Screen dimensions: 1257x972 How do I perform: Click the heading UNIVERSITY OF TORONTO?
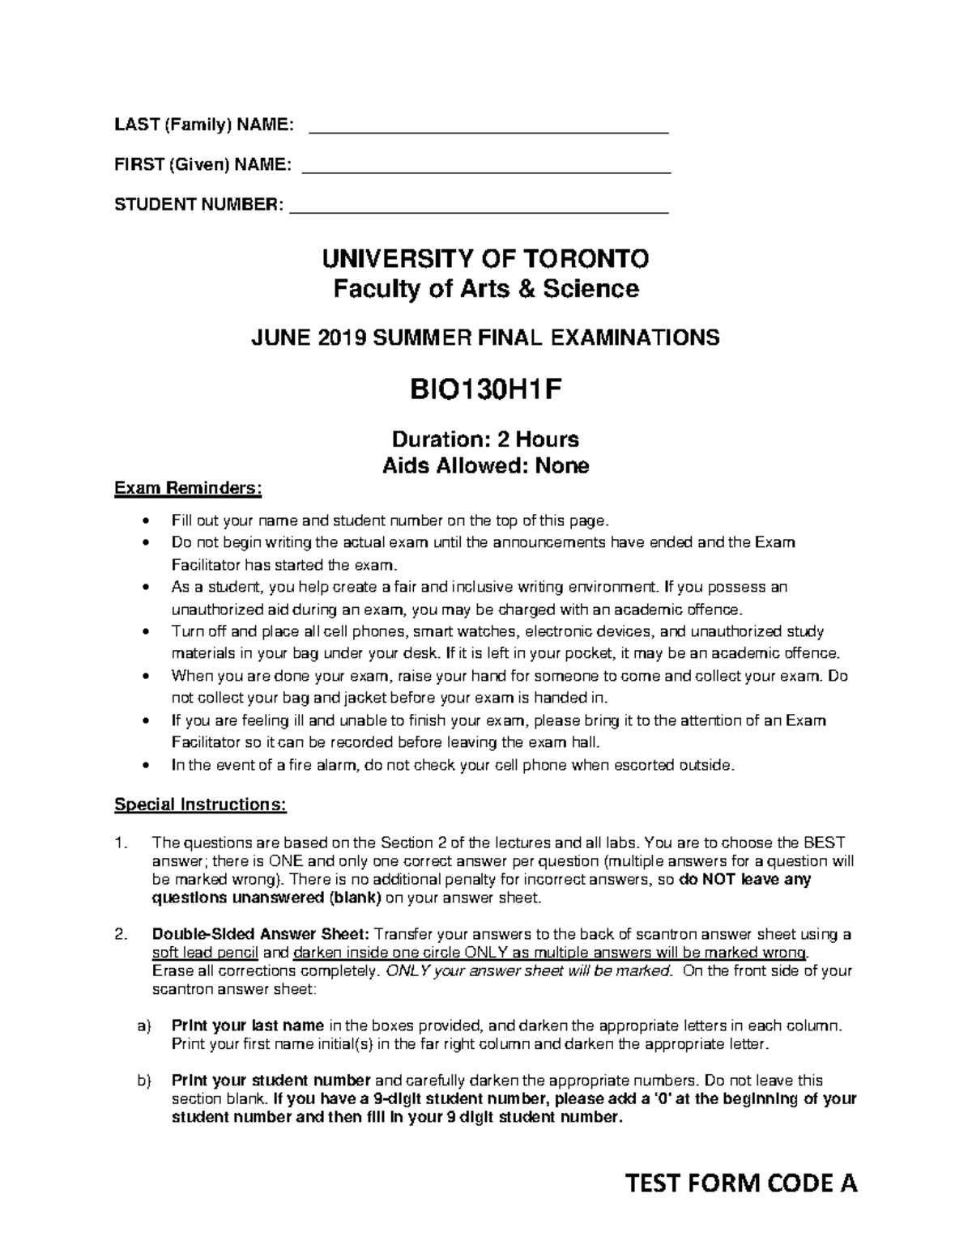[x=486, y=259]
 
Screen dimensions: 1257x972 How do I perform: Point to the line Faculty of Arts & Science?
[x=486, y=288]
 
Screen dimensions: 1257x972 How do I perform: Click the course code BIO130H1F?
[x=486, y=391]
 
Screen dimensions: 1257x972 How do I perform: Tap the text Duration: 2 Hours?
[x=486, y=440]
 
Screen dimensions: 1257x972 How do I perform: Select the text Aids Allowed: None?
[x=486, y=465]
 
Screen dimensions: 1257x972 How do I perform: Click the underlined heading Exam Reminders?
[x=188, y=488]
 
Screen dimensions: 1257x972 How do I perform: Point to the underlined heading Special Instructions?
[x=200, y=805]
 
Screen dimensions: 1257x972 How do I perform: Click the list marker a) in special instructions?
[x=144, y=1026]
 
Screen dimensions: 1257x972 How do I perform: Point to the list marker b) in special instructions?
[x=144, y=1080]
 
